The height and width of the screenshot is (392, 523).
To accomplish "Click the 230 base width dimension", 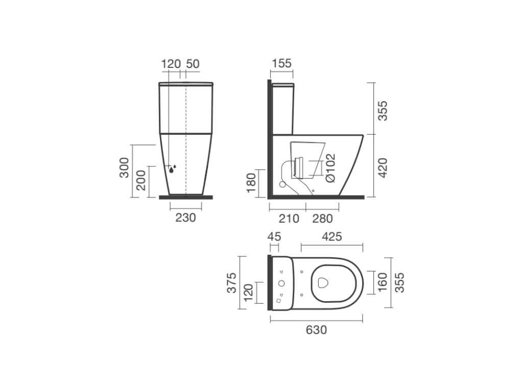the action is pyautogui.click(x=185, y=217).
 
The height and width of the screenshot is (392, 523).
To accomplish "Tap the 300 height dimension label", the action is pyautogui.click(x=124, y=167).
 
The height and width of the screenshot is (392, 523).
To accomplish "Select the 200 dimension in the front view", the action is pyautogui.click(x=141, y=180).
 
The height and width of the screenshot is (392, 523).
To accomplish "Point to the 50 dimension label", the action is pyautogui.click(x=193, y=64).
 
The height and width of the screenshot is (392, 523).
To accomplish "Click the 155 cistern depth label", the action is pyautogui.click(x=281, y=63).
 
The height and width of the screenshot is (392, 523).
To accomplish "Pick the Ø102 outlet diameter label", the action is pyautogui.click(x=330, y=168).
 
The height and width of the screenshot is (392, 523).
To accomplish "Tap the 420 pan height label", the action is pyautogui.click(x=383, y=167).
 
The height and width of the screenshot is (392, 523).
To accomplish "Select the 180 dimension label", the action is pyautogui.click(x=251, y=183).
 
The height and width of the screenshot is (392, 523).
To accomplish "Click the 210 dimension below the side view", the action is pyautogui.click(x=289, y=218).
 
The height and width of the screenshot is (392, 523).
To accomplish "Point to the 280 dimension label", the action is pyautogui.click(x=323, y=218).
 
